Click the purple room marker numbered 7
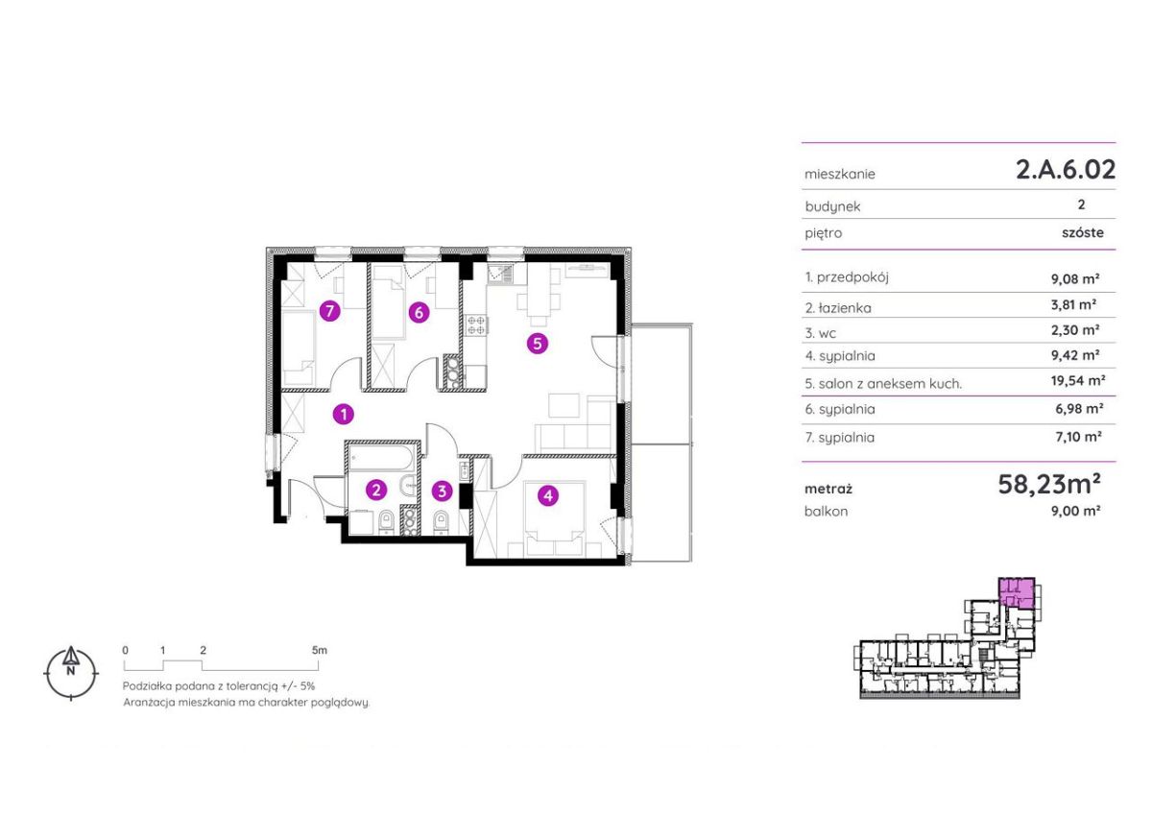click(x=329, y=311)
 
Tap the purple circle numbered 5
click(x=538, y=343)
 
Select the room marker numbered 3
click(x=442, y=491)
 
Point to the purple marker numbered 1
click(x=344, y=414)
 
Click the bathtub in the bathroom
click(x=381, y=458)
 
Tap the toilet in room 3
click(x=442, y=523)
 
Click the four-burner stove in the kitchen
click(x=476, y=325)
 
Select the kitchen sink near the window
click(x=500, y=274)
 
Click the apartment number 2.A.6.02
click(x=1066, y=169)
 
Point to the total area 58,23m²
click(x=1049, y=484)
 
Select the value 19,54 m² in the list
click(x=1078, y=381)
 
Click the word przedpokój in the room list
click(x=852, y=277)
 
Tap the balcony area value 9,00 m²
click(x=1076, y=511)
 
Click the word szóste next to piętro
click(x=1083, y=232)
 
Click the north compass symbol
click(x=71, y=673)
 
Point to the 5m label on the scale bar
click(x=319, y=650)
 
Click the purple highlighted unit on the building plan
click(x=1017, y=594)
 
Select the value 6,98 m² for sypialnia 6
click(x=1079, y=409)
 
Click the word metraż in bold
click(x=828, y=489)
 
